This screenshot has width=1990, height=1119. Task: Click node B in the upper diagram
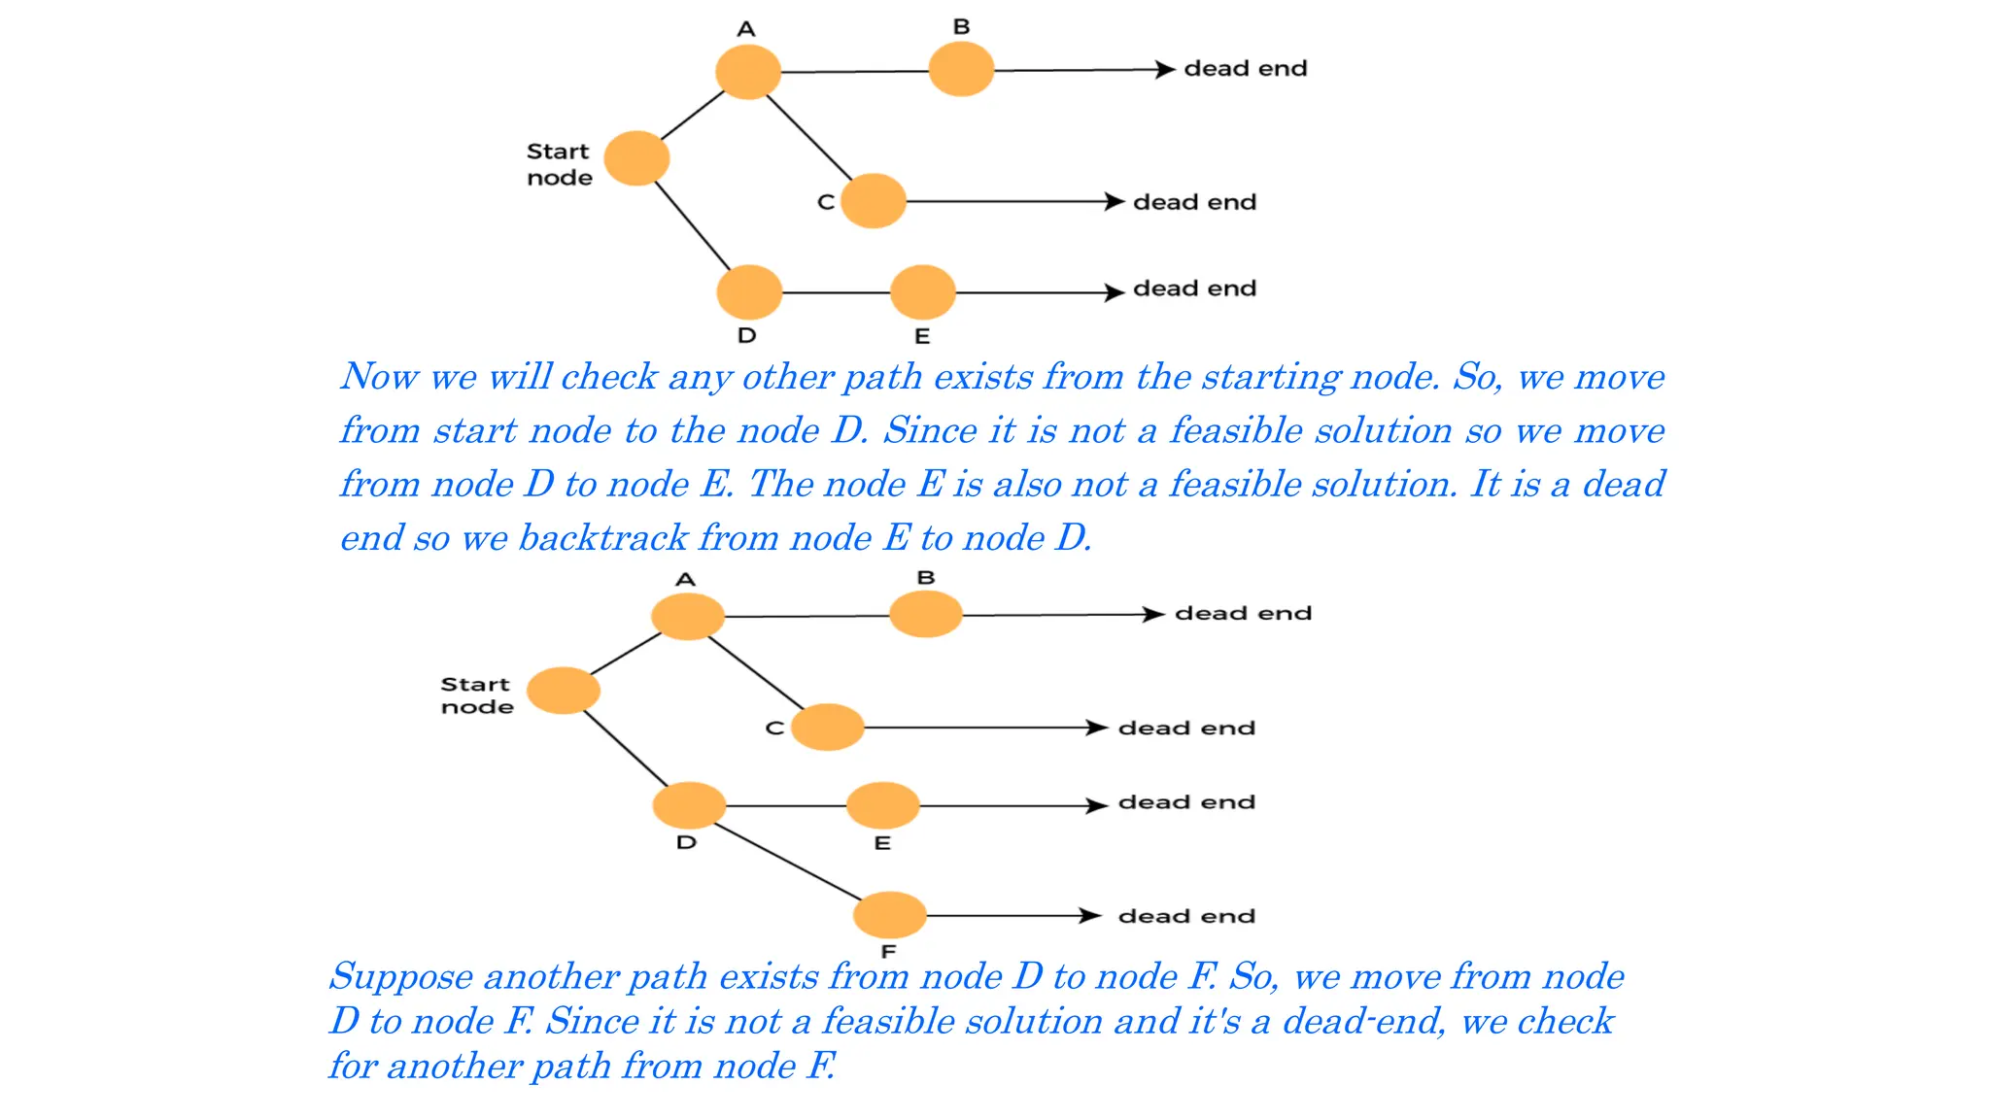click(x=961, y=69)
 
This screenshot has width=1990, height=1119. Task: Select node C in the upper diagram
click(x=873, y=201)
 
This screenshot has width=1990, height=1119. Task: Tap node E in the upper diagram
click(x=922, y=292)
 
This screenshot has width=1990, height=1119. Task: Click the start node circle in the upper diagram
click(x=636, y=158)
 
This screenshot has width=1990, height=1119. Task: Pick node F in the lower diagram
click(x=889, y=915)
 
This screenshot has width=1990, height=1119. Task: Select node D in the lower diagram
click(x=689, y=805)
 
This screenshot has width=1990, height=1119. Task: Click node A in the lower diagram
click(x=688, y=616)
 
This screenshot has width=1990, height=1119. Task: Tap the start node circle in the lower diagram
click(x=564, y=691)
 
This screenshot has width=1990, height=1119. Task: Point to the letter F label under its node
click(x=888, y=952)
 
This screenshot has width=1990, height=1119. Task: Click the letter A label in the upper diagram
click(x=746, y=29)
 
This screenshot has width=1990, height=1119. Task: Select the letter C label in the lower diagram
click(x=774, y=728)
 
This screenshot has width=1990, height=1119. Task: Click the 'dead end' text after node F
click(x=1186, y=916)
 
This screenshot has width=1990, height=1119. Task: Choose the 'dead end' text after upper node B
click(x=1246, y=69)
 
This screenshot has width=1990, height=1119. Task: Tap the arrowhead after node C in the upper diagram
click(x=1115, y=201)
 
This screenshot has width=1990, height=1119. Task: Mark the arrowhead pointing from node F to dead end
click(x=1090, y=915)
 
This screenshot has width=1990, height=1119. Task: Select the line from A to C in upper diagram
click(x=809, y=136)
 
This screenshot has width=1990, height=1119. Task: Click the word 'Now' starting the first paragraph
click(x=380, y=377)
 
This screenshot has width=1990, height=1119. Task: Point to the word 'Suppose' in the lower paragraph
click(x=400, y=976)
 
